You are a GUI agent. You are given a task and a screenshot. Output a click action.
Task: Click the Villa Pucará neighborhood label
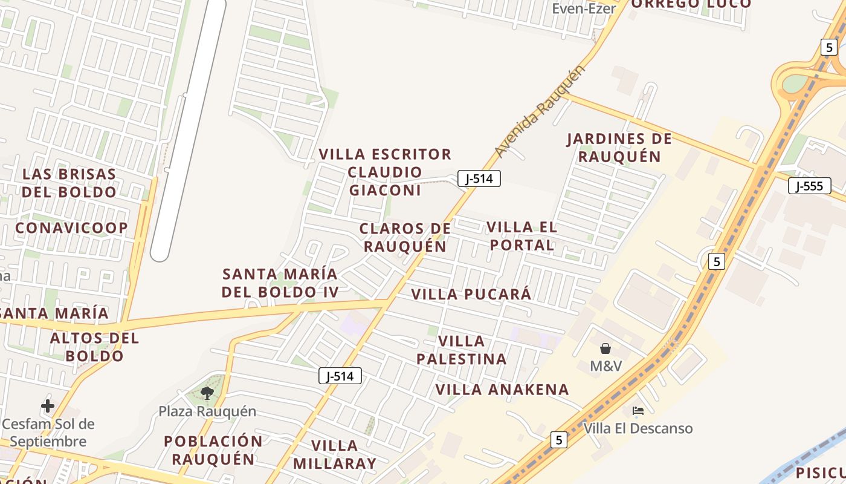[471, 295]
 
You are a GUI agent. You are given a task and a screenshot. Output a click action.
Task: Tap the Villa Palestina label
[462, 350]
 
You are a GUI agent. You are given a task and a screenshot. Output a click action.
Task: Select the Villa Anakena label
[502, 390]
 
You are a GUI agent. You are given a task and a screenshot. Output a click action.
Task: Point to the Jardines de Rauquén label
[619, 148]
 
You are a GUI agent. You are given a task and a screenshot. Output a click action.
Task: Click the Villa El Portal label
[521, 236]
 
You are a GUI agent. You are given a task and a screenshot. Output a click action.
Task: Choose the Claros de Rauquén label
[405, 237]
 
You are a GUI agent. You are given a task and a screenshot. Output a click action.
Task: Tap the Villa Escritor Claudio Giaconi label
[385, 172]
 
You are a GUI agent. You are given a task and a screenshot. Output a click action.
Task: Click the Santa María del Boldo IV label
[280, 283]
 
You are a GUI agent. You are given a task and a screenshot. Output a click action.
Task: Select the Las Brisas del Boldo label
[69, 183]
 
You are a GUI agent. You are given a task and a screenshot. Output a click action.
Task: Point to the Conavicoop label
[71, 228]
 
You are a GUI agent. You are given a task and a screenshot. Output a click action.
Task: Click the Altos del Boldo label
[94, 347]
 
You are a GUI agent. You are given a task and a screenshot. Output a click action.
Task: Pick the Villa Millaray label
[334, 454]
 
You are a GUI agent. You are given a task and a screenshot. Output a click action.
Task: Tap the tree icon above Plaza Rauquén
[207, 393]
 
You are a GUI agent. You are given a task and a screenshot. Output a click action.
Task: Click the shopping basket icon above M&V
[605, 348]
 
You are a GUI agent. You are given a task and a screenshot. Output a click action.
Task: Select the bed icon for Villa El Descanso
[638, 411]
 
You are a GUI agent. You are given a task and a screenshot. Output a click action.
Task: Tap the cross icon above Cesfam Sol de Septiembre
[48, 405]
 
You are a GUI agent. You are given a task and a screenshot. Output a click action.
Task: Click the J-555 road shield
[809, 186]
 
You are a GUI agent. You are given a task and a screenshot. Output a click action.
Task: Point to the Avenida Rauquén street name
[540, 111]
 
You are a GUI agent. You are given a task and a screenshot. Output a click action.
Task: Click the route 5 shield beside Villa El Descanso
[559, 440]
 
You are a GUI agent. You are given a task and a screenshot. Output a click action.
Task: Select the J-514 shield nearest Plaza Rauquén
[340, 376]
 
